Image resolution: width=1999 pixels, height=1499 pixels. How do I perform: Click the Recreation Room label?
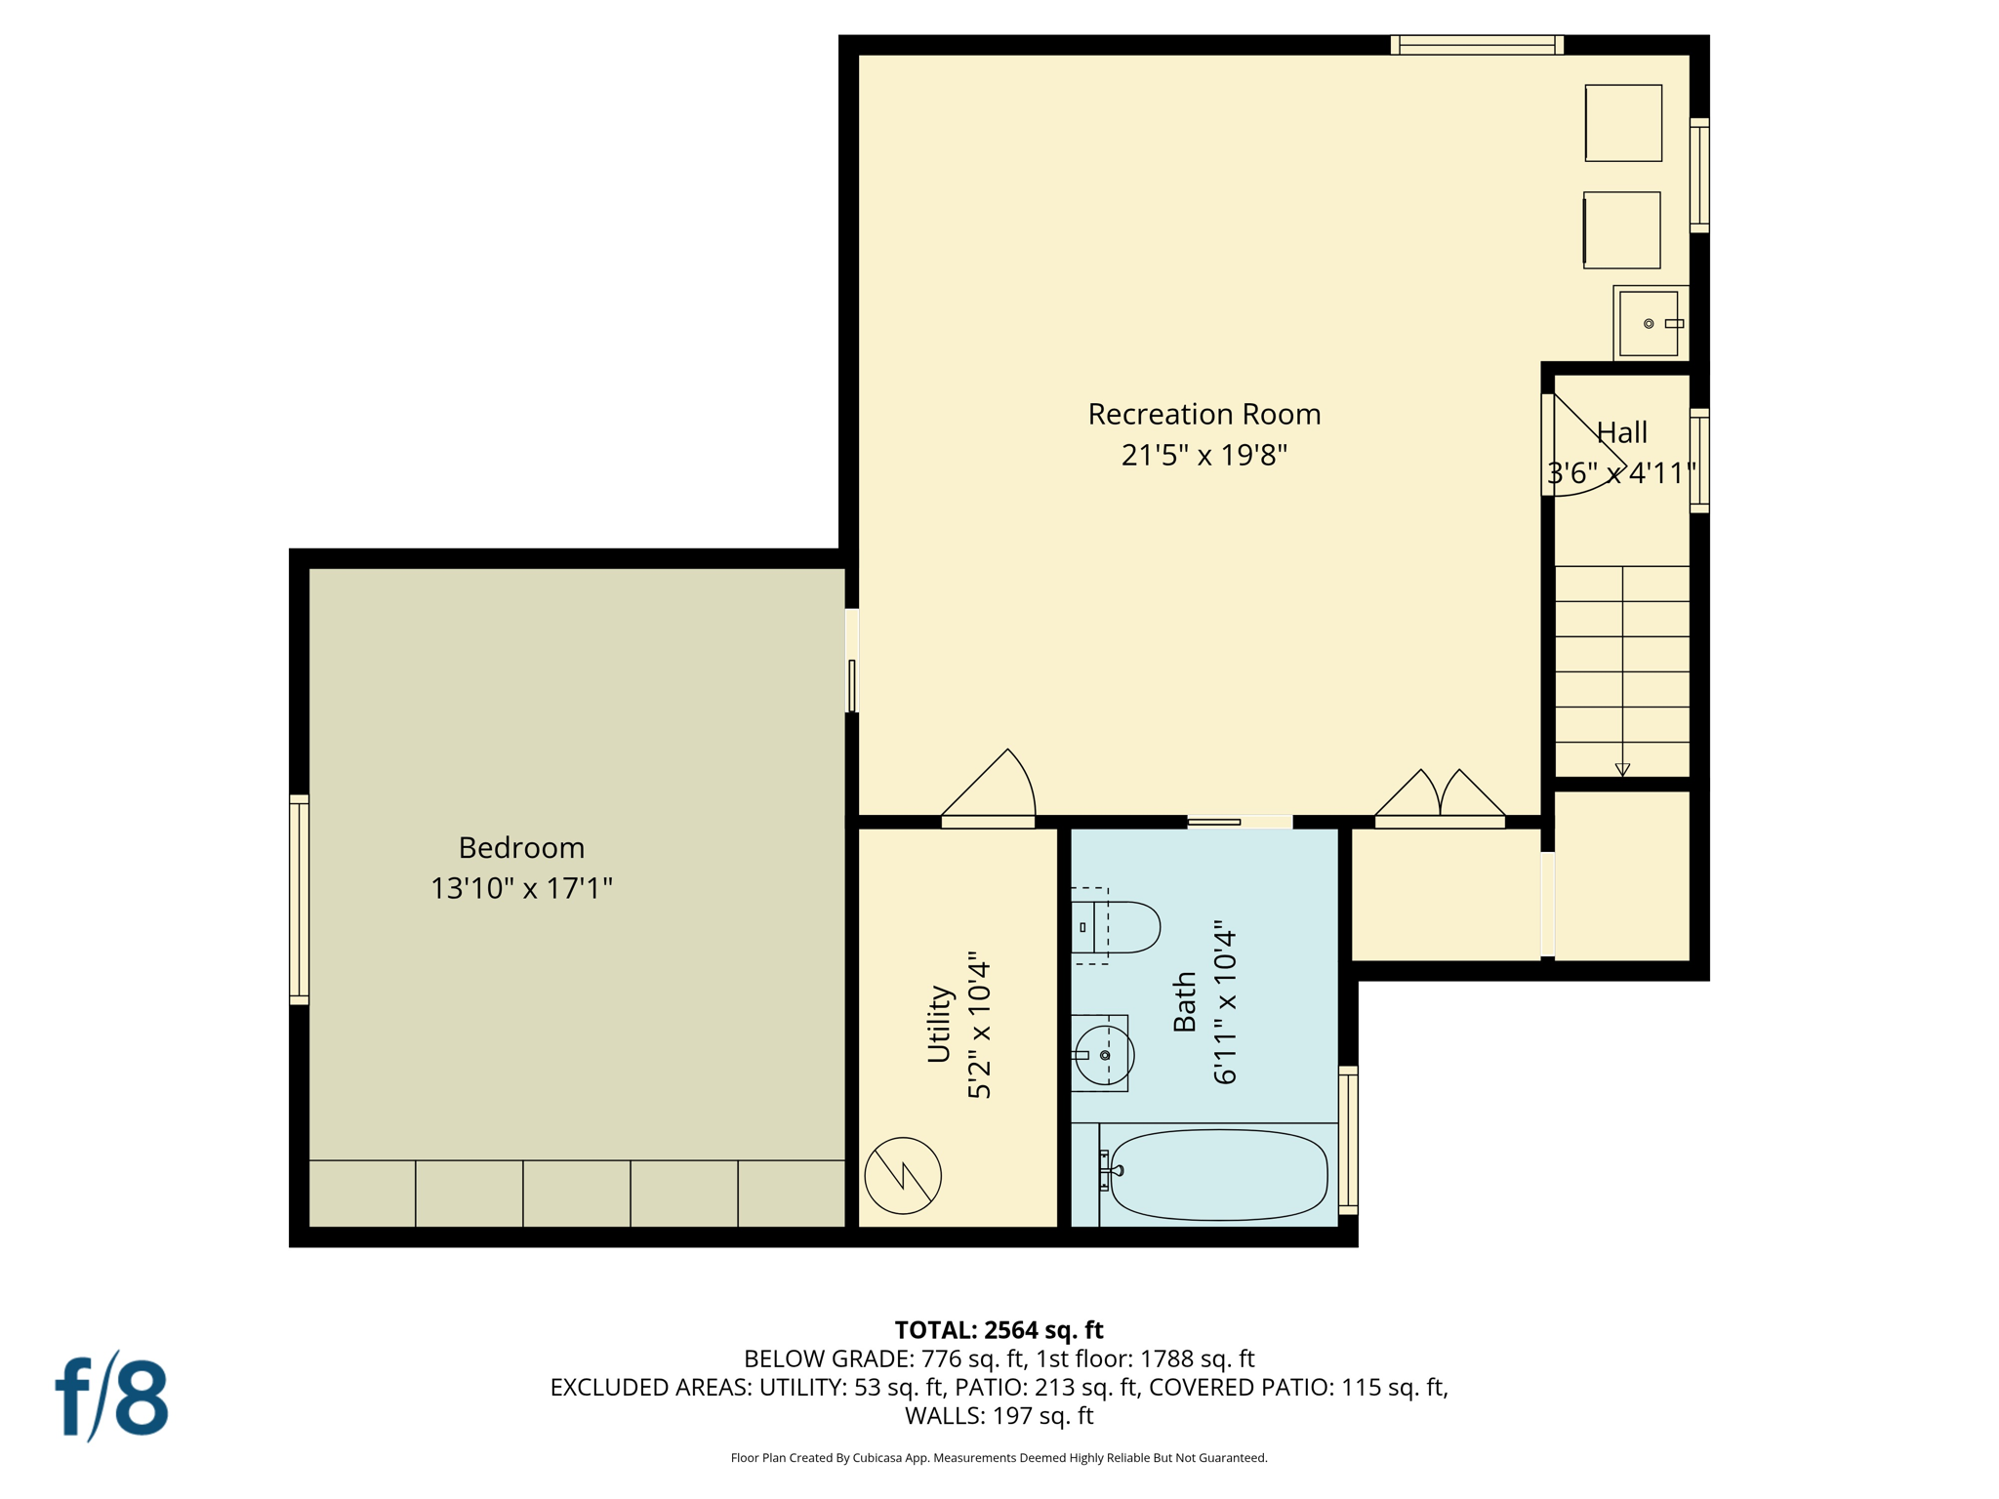pyautogui.click(x=1203, y=414)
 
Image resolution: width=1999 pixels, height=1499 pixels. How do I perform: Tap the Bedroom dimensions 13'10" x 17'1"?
pyautogui.click(x=521, y=888)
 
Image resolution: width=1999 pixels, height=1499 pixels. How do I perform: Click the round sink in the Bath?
pyautogui.click(x=1104, y=1055)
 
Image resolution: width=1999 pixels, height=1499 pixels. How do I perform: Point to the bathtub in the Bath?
pyautogui.click(x=1218, y=1175)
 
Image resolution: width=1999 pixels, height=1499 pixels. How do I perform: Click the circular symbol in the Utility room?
pyautogui.click(x=902, y=1175)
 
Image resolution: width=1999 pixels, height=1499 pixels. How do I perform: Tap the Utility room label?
pyautogui.click(x=938, y=1024)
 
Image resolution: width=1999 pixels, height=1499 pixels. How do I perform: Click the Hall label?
pyautogui.click(x=1621, y=432)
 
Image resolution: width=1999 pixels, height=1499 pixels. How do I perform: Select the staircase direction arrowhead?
pyautogui.click(x=1622, y=770)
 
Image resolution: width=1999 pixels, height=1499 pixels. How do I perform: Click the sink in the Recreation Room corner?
pyautogui.click(x=1649, y=323)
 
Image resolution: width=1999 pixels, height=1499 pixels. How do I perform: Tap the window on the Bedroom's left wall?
pyautogui.click(x=300, y=899)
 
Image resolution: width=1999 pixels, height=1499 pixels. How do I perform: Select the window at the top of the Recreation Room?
pyautogui.click(x=1476, y=45)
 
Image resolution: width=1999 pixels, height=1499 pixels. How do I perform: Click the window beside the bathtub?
pyautogui.click(x=1348, y=1140)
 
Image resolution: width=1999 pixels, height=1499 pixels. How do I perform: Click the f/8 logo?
pyautogui.click(x=111, y=1397)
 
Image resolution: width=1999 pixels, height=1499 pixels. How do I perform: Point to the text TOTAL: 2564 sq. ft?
pyautogui.click(x=999, y=1330)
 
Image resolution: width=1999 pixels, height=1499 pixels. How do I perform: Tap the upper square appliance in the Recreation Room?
pyautogui.click(x=1623, y=123)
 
